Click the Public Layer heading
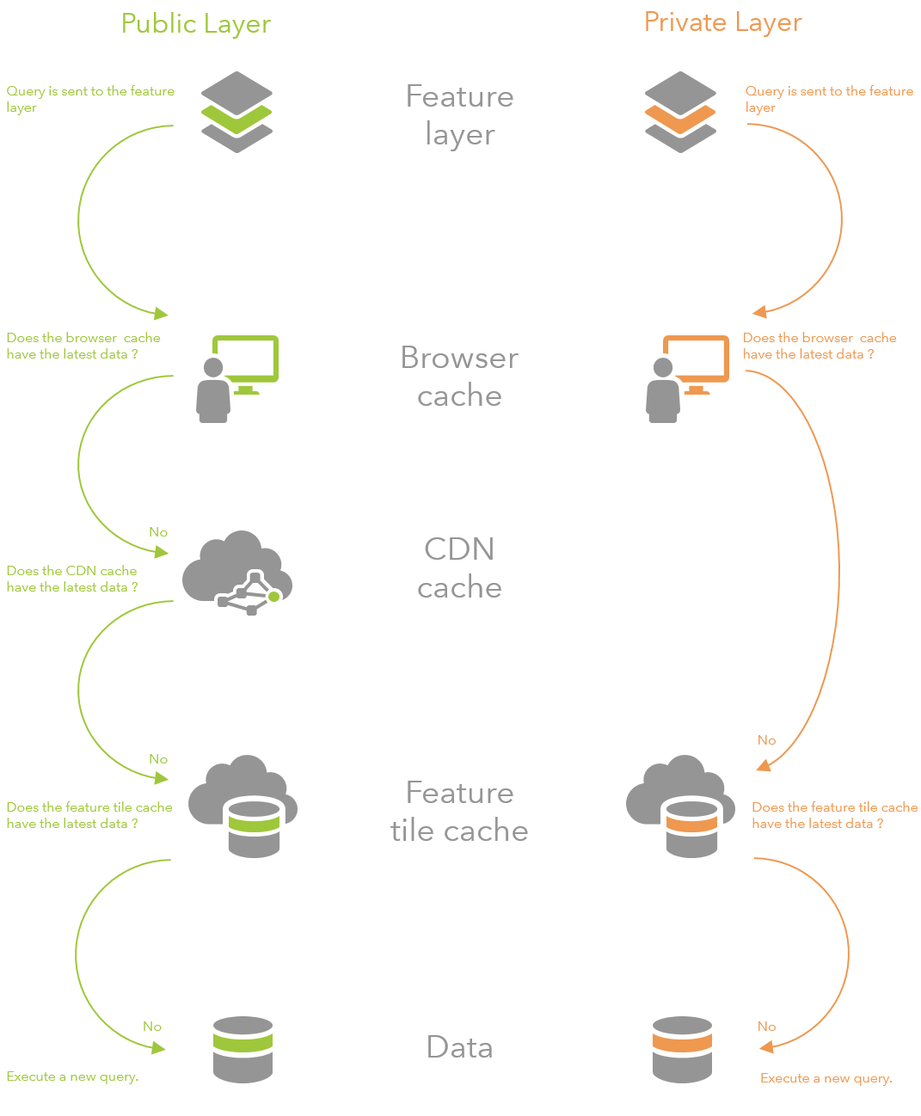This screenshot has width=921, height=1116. coord(196,24)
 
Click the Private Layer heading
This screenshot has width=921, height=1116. coord(722,22)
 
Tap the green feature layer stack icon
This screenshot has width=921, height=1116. coord(236,113)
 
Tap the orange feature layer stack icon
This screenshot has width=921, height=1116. coord(680,113)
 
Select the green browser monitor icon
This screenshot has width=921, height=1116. coord(237,378)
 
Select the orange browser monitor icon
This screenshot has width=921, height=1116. coord(687,378)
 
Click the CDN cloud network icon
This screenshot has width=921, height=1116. coord(237,573)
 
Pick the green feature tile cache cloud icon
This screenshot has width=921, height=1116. coord(243,806)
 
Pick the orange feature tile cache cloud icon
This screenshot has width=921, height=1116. coord(681,806)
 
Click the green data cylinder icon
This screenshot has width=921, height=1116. coord(243,1049)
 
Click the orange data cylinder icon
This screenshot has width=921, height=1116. coord(682,1049)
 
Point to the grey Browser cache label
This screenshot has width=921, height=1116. coord(459,377)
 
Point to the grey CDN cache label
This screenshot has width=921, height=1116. coord(459,568)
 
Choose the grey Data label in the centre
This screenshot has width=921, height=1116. coord(459,1047)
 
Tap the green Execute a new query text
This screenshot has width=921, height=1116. coord(72,1076)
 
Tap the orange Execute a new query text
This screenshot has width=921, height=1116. coord(826,1078)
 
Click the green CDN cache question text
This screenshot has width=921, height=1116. coord(72,579)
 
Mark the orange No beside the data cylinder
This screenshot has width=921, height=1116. coord(766,1027)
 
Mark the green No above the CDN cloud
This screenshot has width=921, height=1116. coord(158,532)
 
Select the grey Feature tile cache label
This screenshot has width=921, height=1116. coord(459,812)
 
